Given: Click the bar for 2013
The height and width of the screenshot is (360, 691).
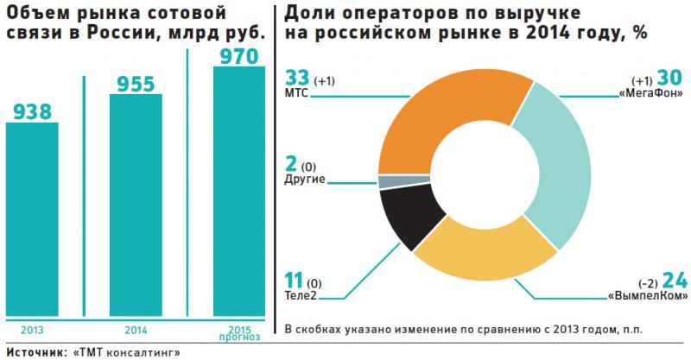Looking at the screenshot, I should tap(32, 220).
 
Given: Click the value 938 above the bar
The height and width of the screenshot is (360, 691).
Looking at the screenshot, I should tap(32, 111).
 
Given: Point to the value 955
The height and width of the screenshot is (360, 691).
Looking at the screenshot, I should tap(136, 84).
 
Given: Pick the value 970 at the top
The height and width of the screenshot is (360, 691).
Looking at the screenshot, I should tap(238, 57).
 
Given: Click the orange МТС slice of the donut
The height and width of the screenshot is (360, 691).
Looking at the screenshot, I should tap(432, 113).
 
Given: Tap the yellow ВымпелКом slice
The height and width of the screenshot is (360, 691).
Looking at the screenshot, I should tap(484, 259).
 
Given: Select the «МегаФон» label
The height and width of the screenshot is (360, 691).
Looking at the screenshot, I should tap(648, 91).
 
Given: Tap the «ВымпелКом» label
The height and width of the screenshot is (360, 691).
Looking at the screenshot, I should tap(651, 296).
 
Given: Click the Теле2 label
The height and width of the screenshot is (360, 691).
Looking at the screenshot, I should tap(301, 296).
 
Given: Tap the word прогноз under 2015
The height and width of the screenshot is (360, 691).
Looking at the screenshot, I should tap(239, 337).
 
